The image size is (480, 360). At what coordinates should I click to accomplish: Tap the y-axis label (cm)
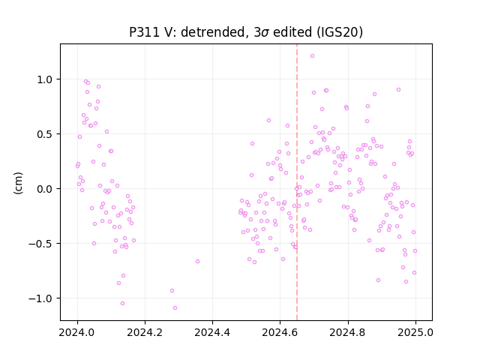pos(18,183)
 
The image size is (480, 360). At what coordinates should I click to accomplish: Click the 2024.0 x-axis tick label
pos(77,332)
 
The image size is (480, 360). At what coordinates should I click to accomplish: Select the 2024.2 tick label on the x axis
pos(145,332)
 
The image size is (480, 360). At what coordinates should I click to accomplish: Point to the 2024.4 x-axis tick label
pos(212,332)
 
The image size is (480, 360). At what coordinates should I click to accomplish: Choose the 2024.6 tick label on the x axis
pos(280,332)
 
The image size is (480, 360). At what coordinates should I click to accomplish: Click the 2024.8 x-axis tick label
pos(347,332)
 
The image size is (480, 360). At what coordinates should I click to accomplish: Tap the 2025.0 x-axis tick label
pos(415,332)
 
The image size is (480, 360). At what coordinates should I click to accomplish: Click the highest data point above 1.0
pos(312,55)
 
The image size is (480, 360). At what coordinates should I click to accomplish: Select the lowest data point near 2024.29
pos(175,307)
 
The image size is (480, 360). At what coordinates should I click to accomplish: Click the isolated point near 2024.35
pos(197,261)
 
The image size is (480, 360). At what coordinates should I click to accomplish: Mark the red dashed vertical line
pos(297,182)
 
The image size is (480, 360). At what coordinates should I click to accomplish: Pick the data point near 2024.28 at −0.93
pos(172,290)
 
